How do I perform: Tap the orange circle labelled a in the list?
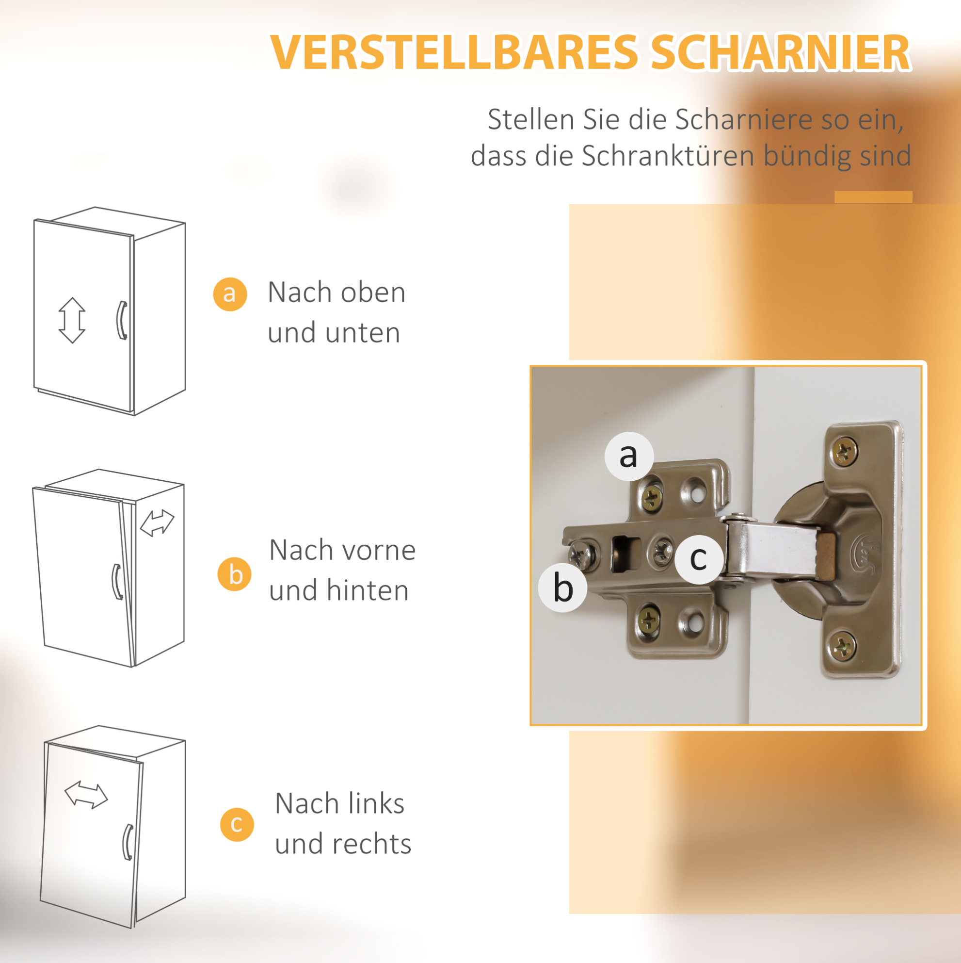click(230, 294)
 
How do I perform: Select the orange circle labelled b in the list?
click(234, 574)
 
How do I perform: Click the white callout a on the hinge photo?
click(629, 456)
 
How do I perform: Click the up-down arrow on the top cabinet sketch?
click(72, 321)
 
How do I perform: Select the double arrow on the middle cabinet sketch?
click(157, 523)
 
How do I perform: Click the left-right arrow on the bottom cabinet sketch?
click(86, 795)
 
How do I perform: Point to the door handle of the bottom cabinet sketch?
click(128, 842)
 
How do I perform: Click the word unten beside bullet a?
click(363, 332)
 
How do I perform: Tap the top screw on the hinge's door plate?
click(845, 452)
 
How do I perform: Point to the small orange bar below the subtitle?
click(873, 197)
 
